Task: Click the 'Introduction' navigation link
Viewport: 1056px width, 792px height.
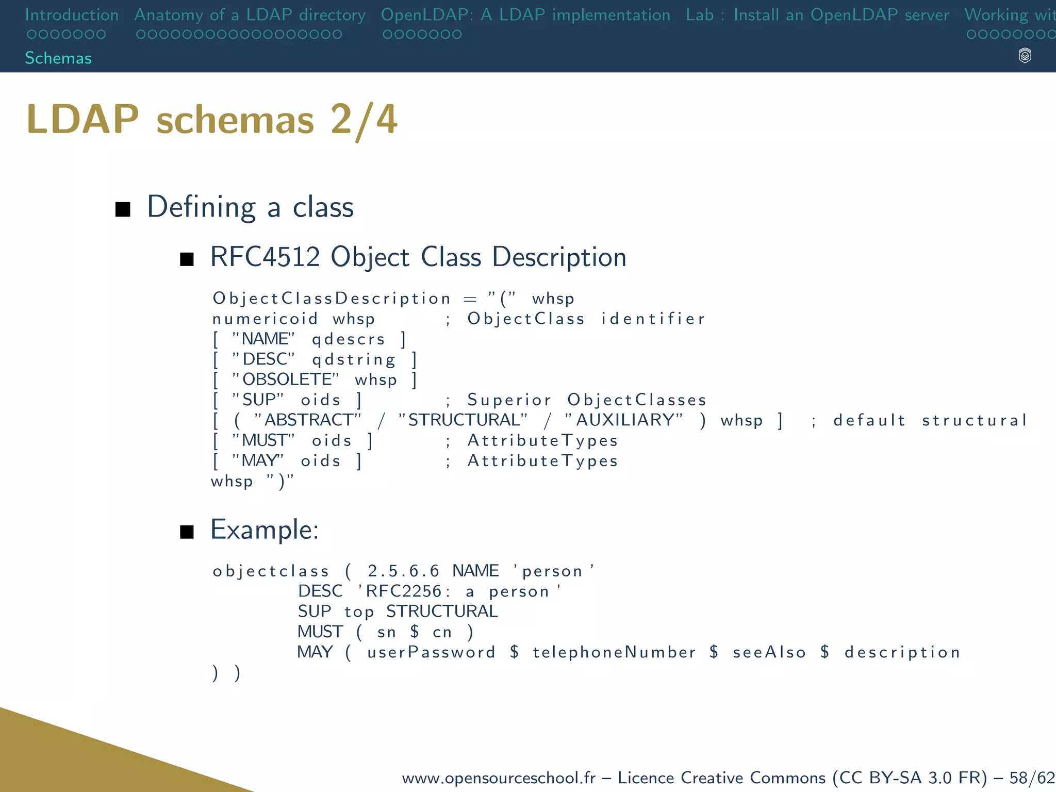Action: [x=72, y=15]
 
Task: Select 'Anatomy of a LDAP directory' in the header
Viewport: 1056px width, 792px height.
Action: [x=250, y=15]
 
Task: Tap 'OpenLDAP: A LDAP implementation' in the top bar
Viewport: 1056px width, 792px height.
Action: [x=525, y=15]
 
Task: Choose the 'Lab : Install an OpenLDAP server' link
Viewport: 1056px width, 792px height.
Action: [x=817, y=15]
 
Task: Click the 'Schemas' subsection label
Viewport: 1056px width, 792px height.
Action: [x=58, y=58]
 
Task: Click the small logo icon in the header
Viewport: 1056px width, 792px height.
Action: [x=1025, y=56]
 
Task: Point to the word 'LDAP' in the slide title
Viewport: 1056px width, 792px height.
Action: [x=83, y=120]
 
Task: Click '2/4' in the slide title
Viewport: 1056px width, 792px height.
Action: [x=364, y=120]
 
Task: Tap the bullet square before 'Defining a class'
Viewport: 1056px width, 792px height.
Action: [x=123, y=209]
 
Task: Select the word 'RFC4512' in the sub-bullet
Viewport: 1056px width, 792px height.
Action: [x=265, y=257]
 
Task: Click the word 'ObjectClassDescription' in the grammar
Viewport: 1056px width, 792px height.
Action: [x=332, y=298]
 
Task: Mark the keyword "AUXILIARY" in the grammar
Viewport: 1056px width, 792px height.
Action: [x=624, y=420]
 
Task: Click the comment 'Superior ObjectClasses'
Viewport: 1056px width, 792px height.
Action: [x=586, y=400]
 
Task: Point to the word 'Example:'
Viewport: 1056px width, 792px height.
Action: [x=265, y=530]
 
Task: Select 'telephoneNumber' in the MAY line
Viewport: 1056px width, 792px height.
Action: [x=614, y=652]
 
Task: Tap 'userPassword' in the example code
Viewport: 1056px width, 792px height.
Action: [x=431, y=652]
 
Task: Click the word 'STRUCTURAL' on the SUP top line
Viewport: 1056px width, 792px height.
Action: [x=442, y=612]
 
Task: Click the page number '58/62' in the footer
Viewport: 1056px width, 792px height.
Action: [x=1032, y=778]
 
